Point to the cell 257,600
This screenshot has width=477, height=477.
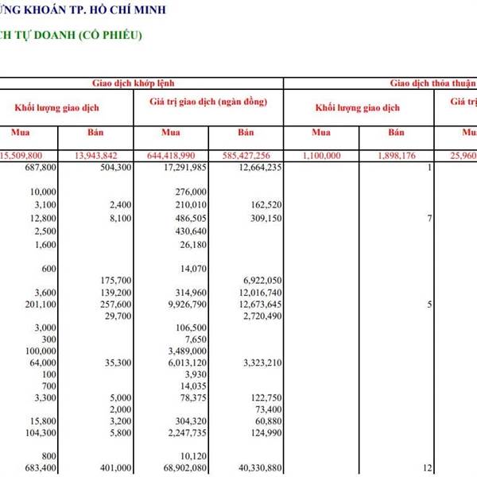(x=112, y=304)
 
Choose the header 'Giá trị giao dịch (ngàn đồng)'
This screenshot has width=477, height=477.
(x=207, y=103)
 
